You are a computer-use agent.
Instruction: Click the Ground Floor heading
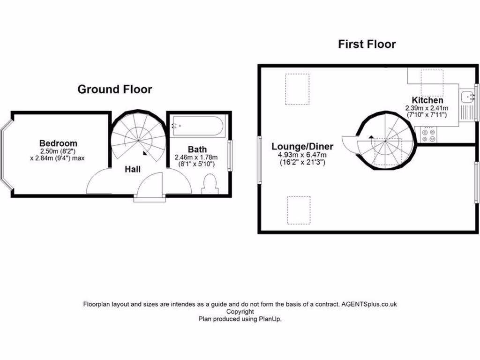pos(114,89)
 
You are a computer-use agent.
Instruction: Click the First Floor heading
pos(367,44)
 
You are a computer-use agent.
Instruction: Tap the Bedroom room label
pos(58,143)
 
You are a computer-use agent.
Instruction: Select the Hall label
pos(133,169)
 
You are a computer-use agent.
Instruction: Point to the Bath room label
pos(197,150)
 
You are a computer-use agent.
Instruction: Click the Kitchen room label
pos(427,100)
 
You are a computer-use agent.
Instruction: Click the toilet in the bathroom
pos(209,184)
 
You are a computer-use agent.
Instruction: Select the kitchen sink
pos(467,97)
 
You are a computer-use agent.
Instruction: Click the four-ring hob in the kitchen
pos(428,135)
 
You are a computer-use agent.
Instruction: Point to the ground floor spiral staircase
pos(138,137)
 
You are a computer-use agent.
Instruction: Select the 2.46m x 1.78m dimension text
pos(196,157)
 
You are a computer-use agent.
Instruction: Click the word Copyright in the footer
pos(240,311)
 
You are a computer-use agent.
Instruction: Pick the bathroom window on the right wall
pos(230,155)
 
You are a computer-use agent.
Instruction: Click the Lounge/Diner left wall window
pos(259,159)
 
